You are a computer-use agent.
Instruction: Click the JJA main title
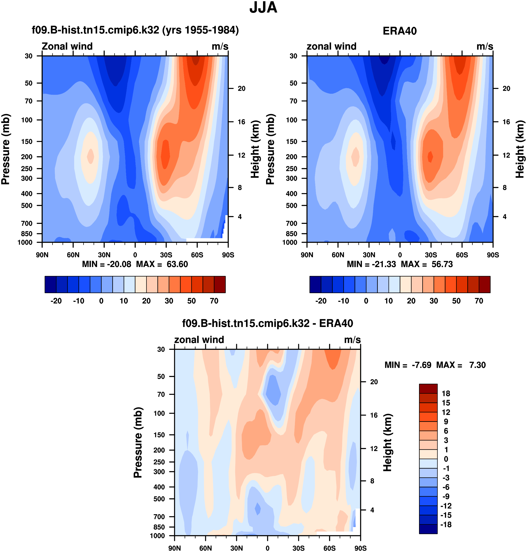coord(263,8)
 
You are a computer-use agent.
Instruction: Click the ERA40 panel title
coord(399,31)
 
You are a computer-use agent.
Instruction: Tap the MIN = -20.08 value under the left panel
coord(107,264)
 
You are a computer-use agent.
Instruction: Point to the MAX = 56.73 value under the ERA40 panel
coord(427,264)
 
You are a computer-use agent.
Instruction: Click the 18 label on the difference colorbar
coord(446,394)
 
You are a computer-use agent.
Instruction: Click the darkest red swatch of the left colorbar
coord(220,285)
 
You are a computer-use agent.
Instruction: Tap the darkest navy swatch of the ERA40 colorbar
coord(315,285)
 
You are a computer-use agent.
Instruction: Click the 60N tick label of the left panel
coord(73,255)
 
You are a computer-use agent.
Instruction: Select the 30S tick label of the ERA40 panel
coord(431,255)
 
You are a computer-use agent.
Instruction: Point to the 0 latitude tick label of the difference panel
coord(267,548)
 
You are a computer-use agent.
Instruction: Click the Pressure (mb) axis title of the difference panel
coord(138,442)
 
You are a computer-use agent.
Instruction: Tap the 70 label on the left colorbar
coord(214,301)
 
